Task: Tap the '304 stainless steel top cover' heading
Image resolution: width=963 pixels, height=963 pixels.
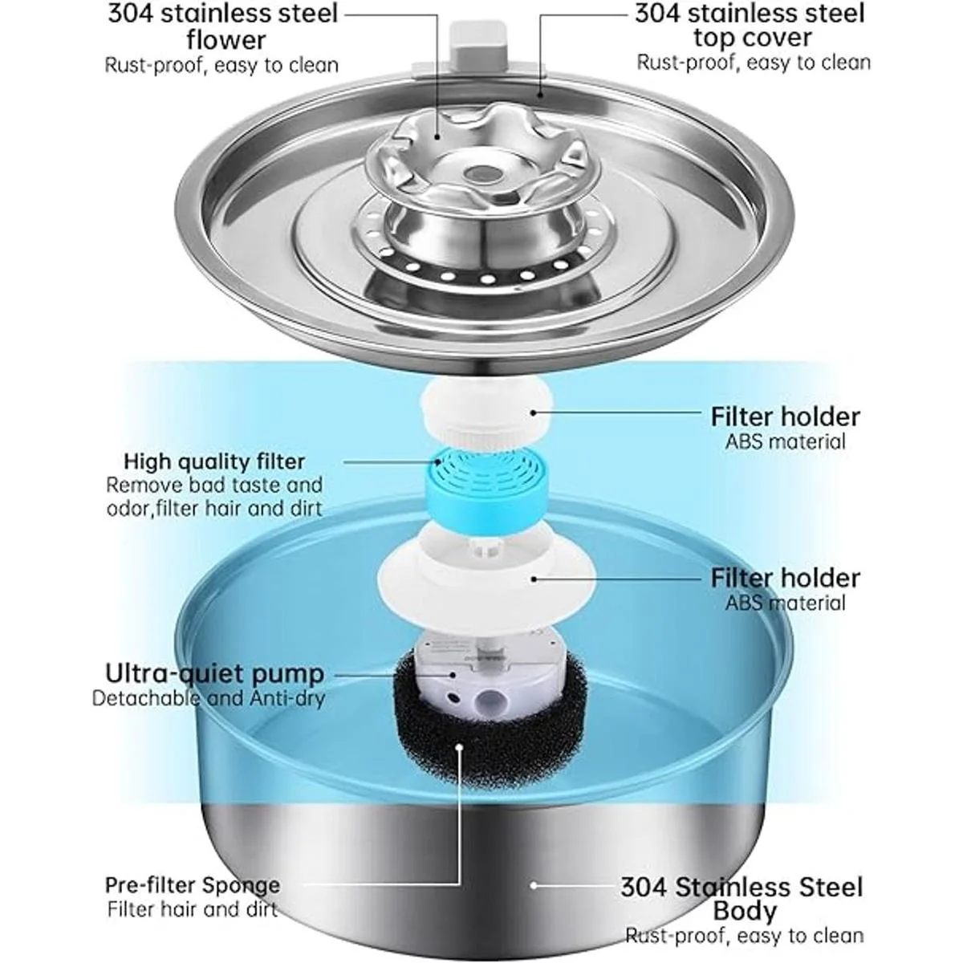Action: coord(750,25)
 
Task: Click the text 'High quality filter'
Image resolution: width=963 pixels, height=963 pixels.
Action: coord(214,461)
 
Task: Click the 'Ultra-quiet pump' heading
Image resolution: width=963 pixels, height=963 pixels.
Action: coord(214,672)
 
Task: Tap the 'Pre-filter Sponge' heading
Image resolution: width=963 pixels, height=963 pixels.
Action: coord(193,885)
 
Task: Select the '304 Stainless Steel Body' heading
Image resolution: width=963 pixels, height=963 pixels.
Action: coord(742,898)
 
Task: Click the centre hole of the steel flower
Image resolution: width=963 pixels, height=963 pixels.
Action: coord(481,173)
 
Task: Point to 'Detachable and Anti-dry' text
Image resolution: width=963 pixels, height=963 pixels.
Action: coord(209,698)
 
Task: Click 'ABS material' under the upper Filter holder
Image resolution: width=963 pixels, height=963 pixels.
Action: coord(785,441)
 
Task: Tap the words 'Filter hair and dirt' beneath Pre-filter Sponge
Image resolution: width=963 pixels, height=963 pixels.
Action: coord(193,909)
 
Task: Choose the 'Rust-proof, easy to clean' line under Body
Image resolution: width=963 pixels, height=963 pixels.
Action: coord(745,936)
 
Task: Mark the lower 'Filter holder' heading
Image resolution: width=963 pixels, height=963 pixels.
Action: coord(785,578)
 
